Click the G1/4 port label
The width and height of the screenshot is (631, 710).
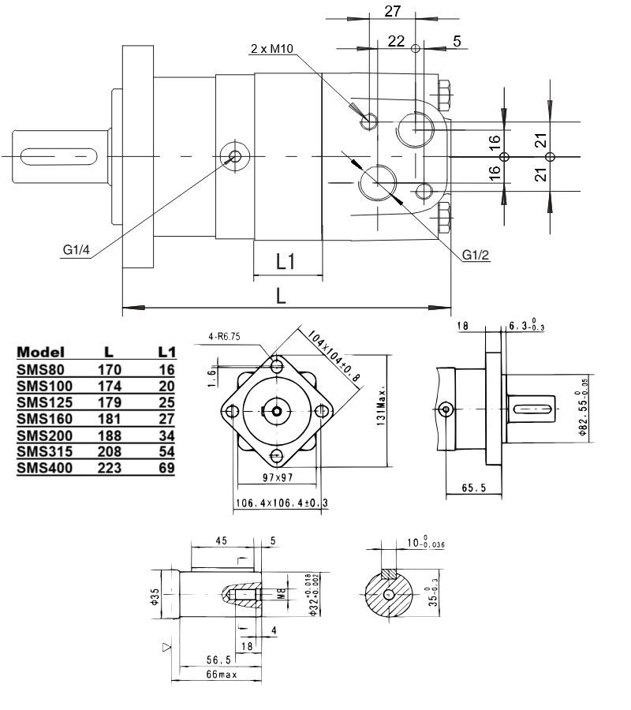[x=77, y=251]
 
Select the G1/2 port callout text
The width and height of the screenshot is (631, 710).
[x=477, y=256]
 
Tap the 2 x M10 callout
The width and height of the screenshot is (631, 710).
[x=271, y=49]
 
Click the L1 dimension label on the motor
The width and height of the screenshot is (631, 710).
[x=286, y=262]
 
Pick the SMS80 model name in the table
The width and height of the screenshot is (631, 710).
[x=38, y=368]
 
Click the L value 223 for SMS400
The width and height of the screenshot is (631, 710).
[x=110, y=468]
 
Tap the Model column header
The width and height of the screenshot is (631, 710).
[x=40, y=352]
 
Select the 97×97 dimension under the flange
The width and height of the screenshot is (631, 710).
[x=277, y=478]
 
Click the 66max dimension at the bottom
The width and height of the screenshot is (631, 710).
[x=210, y=675]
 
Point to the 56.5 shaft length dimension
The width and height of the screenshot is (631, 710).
[x=207, y=660]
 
